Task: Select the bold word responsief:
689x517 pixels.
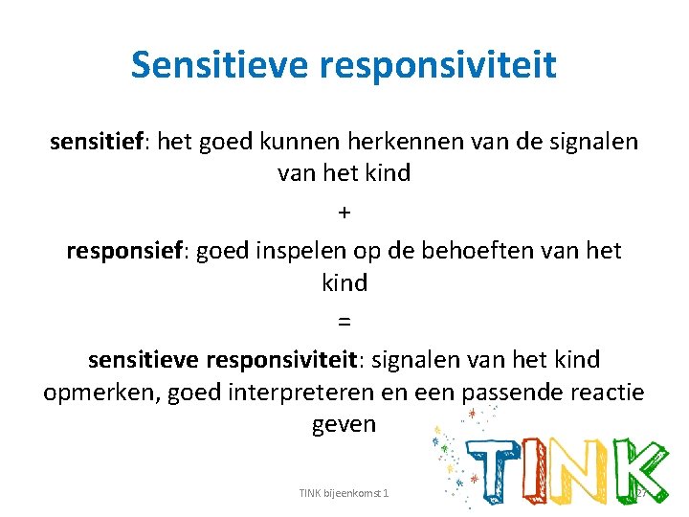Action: [128, 251]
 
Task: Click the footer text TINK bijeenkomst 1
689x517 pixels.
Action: [343, 493]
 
